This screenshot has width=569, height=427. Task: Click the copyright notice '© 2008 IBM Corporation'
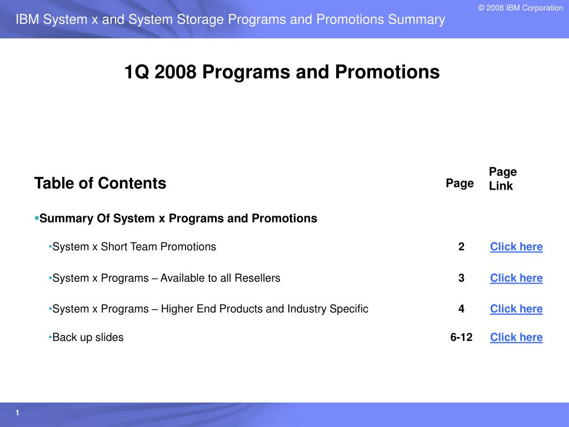[x=520, y=8]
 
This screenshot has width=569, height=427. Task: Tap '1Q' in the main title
[x=137, y=72]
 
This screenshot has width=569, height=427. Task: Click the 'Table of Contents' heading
[x=100, y=183]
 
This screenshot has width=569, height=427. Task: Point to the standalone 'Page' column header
[x=460, y=183]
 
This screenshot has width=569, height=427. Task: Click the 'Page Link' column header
[x=503, y=178]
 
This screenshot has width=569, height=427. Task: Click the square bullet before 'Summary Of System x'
[x=37, y=218]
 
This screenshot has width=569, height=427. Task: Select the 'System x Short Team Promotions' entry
[x=134, y=246]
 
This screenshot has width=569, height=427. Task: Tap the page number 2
[x=461, y=247]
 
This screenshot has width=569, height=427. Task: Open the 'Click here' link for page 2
[x=516, y=247]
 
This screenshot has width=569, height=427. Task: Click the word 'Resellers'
[x=257, y=278]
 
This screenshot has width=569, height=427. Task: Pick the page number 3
[x=461, y=278]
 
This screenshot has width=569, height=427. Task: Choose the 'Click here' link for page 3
[x=516, y=278]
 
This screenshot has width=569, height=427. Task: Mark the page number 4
[x=461, y=309]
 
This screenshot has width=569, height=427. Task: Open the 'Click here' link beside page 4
[x=516, y=309]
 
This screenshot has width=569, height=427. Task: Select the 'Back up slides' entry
[x=88, y=337]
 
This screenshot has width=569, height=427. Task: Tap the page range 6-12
[x=461, y=337]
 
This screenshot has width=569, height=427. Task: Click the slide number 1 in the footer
[x=17, y=413]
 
